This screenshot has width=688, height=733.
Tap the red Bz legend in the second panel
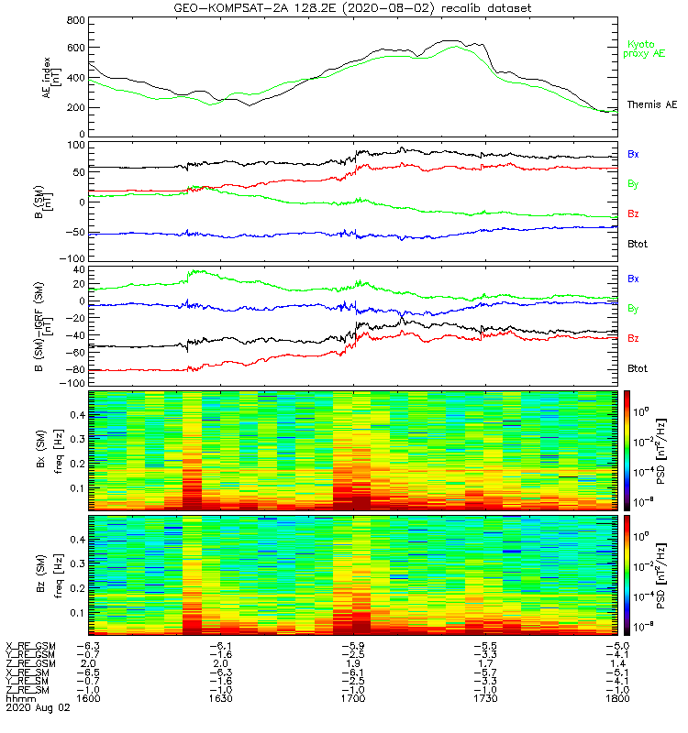tap(634, 213)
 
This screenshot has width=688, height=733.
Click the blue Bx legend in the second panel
tap(634, 154)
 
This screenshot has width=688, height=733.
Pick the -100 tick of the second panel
tap(72, 259)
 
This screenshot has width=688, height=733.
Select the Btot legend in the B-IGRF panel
tap(637, 368)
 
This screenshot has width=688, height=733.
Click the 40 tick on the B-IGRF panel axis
tap(78, 271)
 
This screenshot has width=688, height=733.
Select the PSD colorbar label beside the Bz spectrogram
tap(672, 574)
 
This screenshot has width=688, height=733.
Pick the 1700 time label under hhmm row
tap(353, 697)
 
